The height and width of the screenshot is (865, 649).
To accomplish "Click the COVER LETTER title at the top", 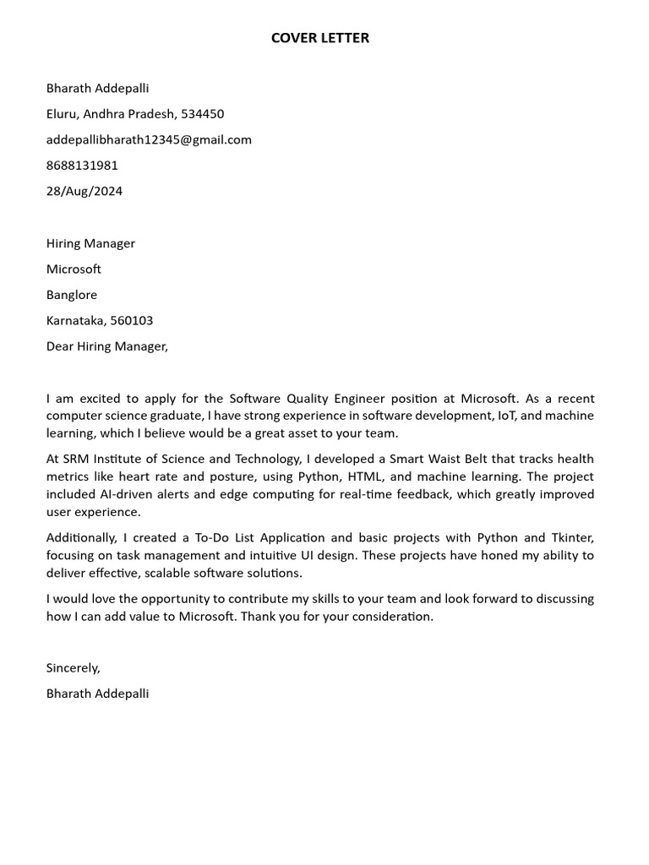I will coord(320,38).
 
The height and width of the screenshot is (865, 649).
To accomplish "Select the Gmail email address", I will coord(149,139).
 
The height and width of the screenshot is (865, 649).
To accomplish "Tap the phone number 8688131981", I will coord(82,166).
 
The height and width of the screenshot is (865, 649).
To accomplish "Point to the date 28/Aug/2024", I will coord(85,191).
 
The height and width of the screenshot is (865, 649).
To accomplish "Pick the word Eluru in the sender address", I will coord(62,114).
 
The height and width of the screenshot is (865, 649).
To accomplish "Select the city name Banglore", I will coord(72,295).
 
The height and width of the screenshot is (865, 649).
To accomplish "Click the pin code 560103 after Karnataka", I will coord(132,321).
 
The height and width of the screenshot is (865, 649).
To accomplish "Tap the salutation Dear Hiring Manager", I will coord(107,346).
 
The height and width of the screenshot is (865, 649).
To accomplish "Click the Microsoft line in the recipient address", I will coord(74,269).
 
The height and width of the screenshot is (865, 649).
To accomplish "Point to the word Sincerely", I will coord(74,667).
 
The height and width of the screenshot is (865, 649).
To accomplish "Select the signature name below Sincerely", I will coord(97,694).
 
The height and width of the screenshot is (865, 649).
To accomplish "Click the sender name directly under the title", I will coord(97,88).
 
